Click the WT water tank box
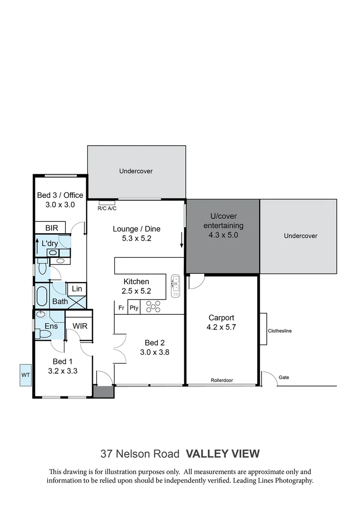25,375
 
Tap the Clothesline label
280,331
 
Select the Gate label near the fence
283,378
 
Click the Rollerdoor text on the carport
221,380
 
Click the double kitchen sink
176,286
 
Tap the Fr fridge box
121,308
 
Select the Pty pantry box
134,308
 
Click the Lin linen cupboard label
77,289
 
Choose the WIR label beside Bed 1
80,326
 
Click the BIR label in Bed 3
52,228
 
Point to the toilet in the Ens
45,334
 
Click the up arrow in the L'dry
38,246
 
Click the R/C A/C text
107,208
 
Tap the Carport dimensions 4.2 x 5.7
221,326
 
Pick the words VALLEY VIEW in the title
222,454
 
